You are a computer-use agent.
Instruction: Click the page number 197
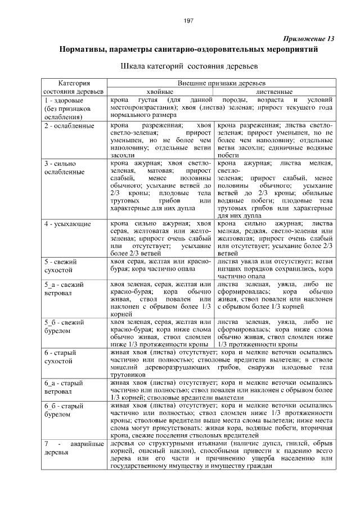pos(188,21)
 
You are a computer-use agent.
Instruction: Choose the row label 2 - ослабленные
pos(69,125)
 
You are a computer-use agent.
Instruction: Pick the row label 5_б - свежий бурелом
pos(65,326)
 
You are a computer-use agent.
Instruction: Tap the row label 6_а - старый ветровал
pos(65,387)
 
